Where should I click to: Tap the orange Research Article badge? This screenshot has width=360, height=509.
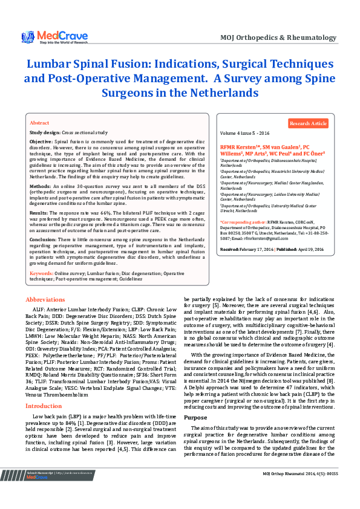(x=308, y=123)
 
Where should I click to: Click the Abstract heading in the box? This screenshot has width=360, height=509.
(x=39, y=122)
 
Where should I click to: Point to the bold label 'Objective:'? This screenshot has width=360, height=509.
(x=41, y=140)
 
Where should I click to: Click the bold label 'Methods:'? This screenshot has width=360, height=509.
(x=41, y=187)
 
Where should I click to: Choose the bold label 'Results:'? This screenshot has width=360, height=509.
(x=40, y=213)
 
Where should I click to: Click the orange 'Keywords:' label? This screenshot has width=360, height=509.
(x=41, y=273)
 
